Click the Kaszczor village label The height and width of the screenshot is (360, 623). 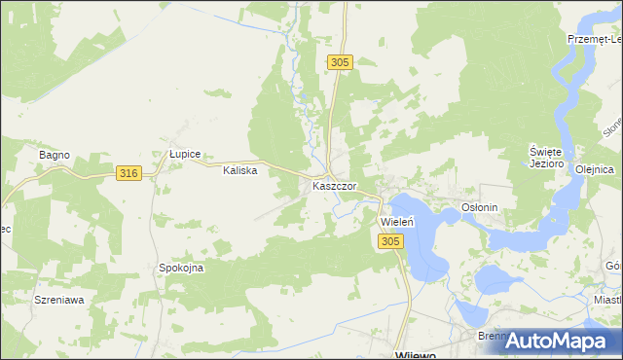pos(334,185)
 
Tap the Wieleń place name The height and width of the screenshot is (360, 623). pos(396,222)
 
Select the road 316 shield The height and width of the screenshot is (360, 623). pos(128,173)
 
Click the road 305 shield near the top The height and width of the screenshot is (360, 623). pos(339,62)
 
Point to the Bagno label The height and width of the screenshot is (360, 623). pos(55,155)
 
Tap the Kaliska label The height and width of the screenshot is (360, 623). pos(239,170)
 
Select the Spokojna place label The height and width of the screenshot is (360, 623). pos(181,268)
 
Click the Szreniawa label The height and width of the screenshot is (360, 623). pos(58,300)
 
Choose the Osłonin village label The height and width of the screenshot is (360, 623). pos(480,207)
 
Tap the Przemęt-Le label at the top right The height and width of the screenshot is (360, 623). pos(595,39)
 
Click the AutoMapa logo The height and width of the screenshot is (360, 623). pos(561,340)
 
